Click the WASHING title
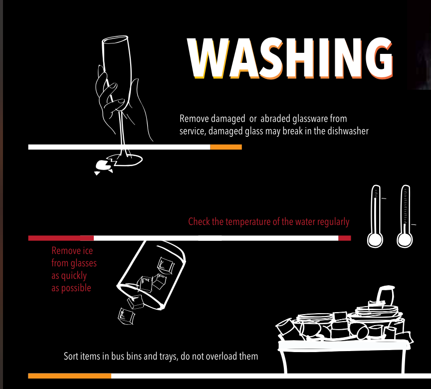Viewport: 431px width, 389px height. click(290, 58)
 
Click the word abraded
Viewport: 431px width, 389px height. click(275, 119)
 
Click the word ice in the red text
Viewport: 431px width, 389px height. click(87, 250)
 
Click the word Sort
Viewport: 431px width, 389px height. click(71, 356)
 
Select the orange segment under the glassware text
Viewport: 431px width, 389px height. click(226, 147)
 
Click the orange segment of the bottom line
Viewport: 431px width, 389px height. click(69, 376)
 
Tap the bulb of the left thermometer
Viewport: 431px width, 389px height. click(375, 240)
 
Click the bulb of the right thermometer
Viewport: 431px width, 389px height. click(405, 240)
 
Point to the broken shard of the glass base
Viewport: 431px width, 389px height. click(103, 166)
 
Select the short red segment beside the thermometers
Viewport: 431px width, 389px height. click(344, 238)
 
